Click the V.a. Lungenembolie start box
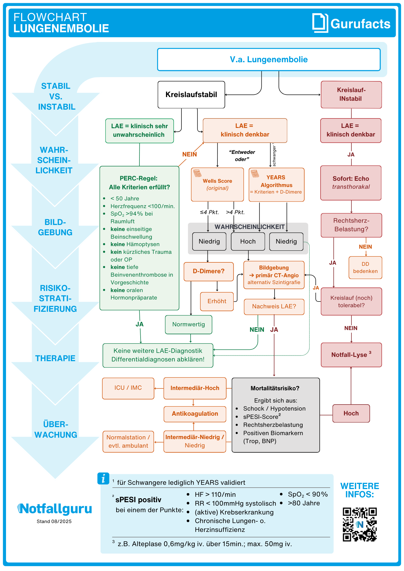pos(269,59)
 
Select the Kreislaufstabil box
pos(191,95)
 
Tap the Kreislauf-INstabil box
pos(351,95)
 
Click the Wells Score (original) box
pos(217,184)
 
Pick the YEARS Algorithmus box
pos(276,184)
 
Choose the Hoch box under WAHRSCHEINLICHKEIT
pos(248,242)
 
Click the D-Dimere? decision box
pos(209,271)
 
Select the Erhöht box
pos(217,301)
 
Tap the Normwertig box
pos(189,324)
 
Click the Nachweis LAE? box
pos(274,306)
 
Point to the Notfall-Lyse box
pos(351,355)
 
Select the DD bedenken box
pos(365,268)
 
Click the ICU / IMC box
pos(128,388)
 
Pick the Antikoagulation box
pos(195,414)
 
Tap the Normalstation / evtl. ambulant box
pos(128,441)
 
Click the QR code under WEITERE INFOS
pos(360,524)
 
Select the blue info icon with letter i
pos(103,478)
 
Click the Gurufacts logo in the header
pos(351,23)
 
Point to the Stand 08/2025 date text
pos(54,521)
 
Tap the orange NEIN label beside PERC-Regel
pos(189,154)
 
